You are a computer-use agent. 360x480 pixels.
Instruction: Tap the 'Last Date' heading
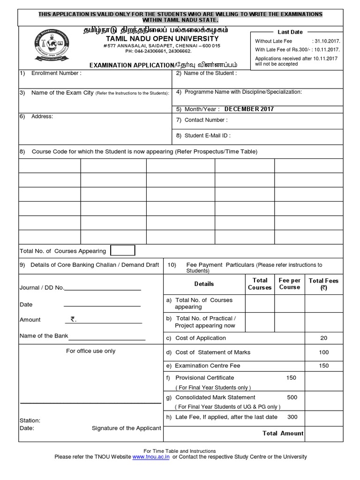click(290, 32)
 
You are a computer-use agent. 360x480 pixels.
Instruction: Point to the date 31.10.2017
click(326, 41)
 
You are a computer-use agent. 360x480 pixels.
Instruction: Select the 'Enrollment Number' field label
click(56, 73)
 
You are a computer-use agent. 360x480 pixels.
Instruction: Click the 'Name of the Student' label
click(210, 73)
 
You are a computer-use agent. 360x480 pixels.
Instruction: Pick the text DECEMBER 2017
click(249, 109)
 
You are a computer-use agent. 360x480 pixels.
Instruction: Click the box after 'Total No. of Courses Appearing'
click(122, 251)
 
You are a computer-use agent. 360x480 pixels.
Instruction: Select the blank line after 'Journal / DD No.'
click(102, 288)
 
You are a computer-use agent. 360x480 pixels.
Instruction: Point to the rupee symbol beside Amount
click(73, 319)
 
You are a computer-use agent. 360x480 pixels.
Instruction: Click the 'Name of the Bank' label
click(44, 336)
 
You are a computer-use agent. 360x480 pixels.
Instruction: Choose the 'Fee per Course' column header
click(289, 284)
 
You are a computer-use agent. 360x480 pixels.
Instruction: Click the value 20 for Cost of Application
click(323, 338)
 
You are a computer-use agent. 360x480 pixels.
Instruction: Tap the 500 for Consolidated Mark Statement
click(292, 397)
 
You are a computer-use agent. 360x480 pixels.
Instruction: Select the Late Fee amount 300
click(292, 417)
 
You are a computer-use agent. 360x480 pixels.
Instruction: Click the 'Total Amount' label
click(283, 434)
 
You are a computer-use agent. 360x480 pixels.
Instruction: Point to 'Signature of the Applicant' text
click(126, 428)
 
